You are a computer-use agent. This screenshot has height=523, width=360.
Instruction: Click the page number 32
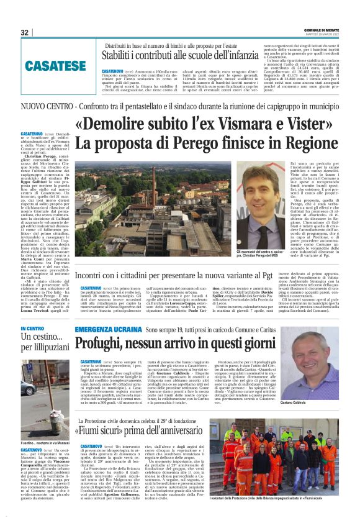[x=25, y=32]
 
